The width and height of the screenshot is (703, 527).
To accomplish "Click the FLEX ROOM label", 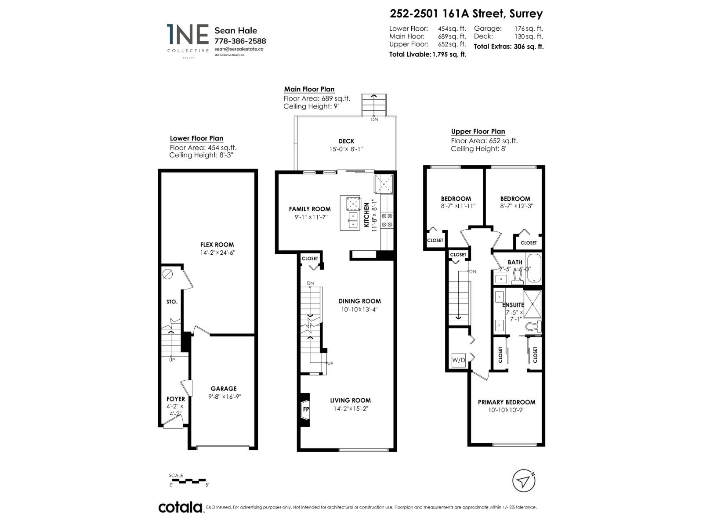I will (217, 245).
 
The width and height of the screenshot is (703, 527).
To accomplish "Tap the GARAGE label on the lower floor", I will (223, 389).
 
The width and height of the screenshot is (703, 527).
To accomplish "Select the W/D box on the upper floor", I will (458, 361).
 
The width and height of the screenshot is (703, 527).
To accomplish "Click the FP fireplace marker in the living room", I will (306, 409).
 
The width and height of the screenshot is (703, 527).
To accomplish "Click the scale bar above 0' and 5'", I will (188, 480).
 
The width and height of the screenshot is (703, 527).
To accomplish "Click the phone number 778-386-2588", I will (240, 41).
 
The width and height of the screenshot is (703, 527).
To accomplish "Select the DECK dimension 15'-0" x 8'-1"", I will (346, 149).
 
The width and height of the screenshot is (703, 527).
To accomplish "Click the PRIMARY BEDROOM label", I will (506, 402).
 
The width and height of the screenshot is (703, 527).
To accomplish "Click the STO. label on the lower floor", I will (172, 302).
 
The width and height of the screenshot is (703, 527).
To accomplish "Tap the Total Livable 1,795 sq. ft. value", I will (449, 54).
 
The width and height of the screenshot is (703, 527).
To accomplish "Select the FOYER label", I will (175, 399).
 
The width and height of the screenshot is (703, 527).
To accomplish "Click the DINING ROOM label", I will (359, 301).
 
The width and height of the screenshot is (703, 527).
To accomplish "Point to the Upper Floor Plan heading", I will (478, 132).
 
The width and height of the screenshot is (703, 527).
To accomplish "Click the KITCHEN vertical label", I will (366, 215).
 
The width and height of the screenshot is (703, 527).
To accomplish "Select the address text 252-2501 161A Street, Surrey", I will (466, 14).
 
